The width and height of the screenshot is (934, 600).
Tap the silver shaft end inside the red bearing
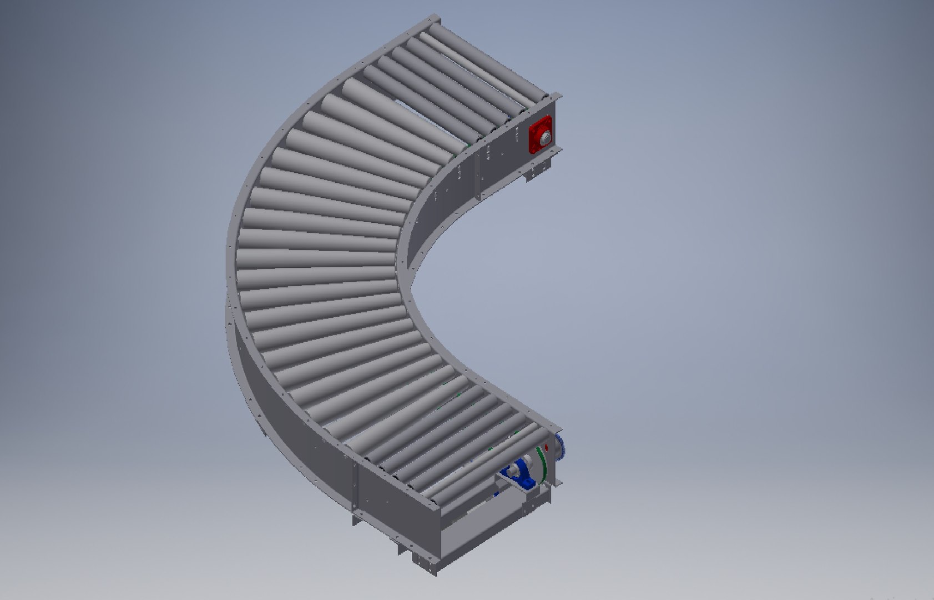tap(543, 136)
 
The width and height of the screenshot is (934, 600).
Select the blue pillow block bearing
tap(519, 473)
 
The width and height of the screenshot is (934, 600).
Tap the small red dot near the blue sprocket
tap(546, 447)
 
